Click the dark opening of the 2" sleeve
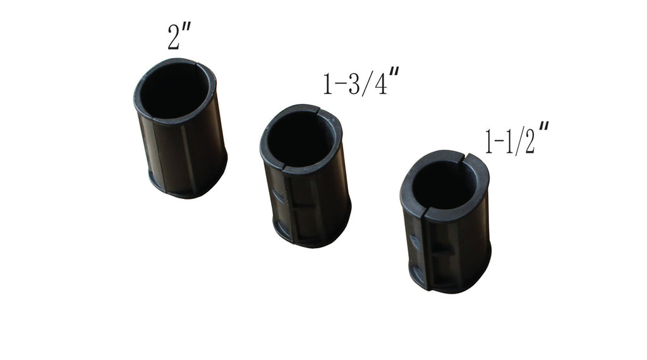pyautogui.click(x=174, y=91)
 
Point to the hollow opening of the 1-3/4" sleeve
pyautogui.click(x=300, y=138)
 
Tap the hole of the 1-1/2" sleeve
pyautogui.click(x=444, y=185)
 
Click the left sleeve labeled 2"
pyautogui.click(x=180, y=128)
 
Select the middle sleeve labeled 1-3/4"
pyautogui.click(x=305, y=176)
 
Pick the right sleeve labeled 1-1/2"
pyautogui.click(x=445, y=222)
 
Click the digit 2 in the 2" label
pyautogui.click(x=173, y=37)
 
